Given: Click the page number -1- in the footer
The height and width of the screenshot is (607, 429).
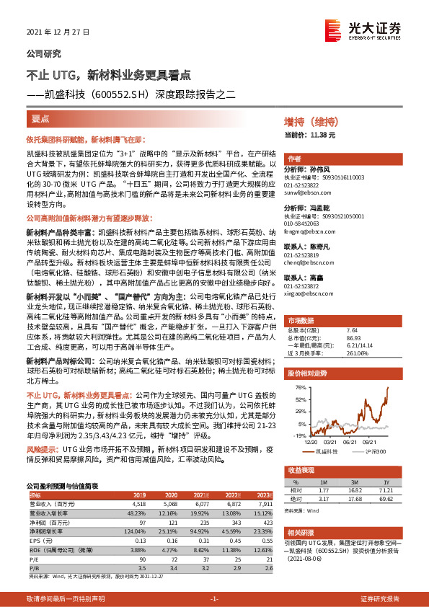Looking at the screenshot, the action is click(x=214, y=599).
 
